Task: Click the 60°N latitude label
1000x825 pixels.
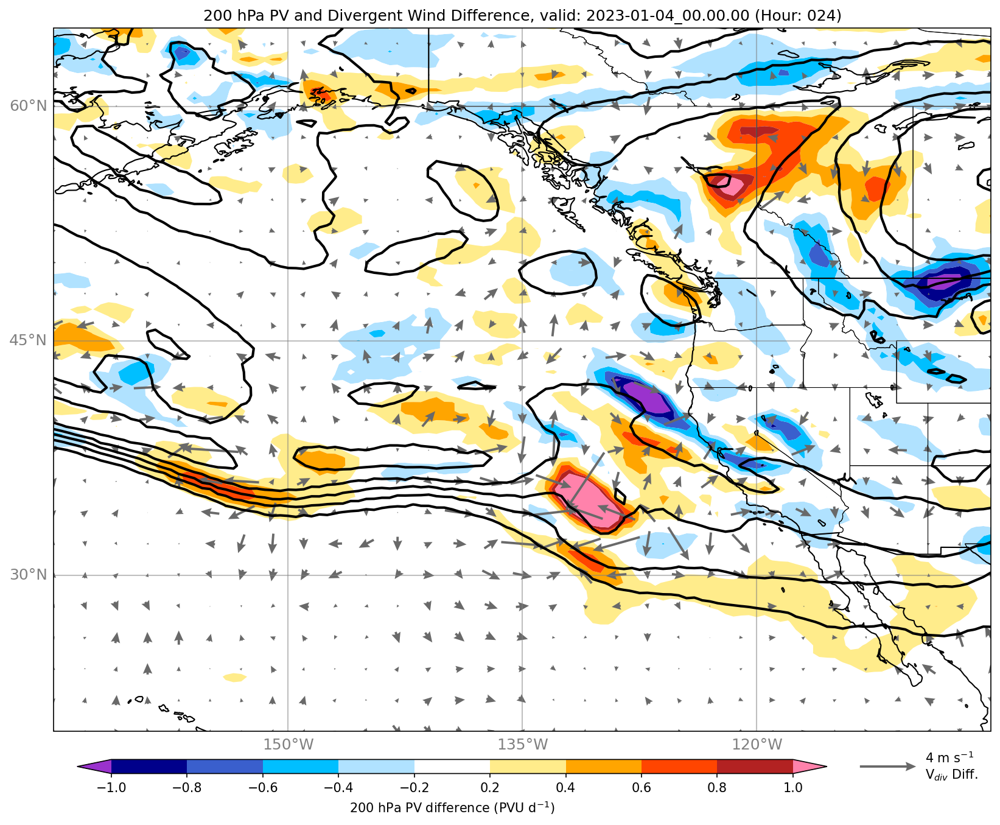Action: (28, 106)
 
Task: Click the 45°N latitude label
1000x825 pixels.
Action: (28, 340)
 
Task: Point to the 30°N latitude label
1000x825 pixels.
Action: (28, 574)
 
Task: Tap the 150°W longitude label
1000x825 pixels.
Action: (288, 744)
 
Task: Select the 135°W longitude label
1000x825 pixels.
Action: (522, 744)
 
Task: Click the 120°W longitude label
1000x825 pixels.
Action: (757, 744)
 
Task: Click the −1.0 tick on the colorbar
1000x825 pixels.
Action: (111, 787)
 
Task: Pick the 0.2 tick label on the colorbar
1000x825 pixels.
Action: (490, 787)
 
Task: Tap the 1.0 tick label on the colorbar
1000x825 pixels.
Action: (793, 787)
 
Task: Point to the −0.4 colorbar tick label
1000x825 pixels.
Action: (338, 787)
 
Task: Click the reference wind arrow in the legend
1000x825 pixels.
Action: (887, 766)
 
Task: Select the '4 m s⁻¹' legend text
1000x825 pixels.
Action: (949, 757)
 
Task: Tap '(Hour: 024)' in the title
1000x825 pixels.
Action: (798, 16)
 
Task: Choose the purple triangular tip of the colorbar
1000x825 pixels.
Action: (95, 766)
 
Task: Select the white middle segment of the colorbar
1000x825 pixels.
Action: (452, 766)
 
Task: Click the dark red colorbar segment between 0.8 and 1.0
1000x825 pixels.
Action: (755, 766)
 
